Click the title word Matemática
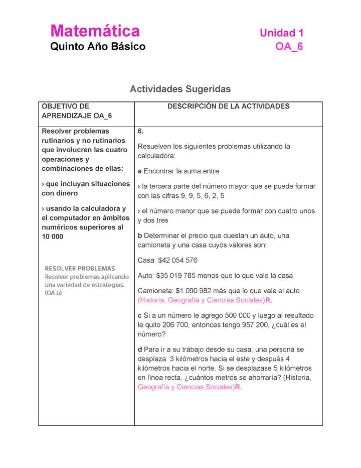click(x=95, y=31)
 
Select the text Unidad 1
click(x=281, y=33)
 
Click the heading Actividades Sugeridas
click(x=180, y=89)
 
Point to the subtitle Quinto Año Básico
click(x=97, y=47)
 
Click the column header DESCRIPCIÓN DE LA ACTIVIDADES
click(x=228, y=106)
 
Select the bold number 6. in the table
click(x=141, y=131)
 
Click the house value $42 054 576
click(x=177, y=260)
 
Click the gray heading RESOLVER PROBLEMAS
click(x=80, y=268)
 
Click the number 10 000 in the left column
click(x=53, y=237)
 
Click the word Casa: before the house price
click(x=146, y=260)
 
